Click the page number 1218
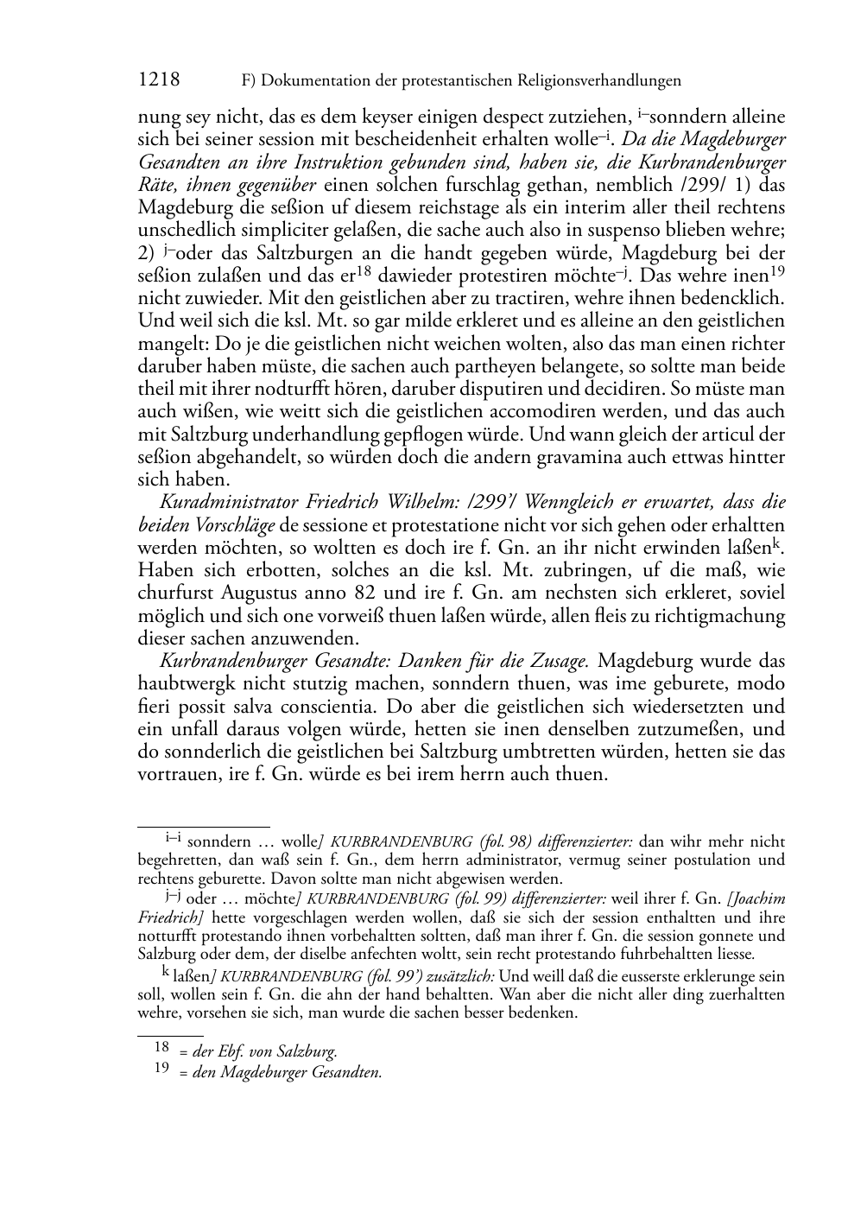tap(159, 80)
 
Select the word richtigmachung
tap(725, 616)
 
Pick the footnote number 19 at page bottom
tap(161, 1069)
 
